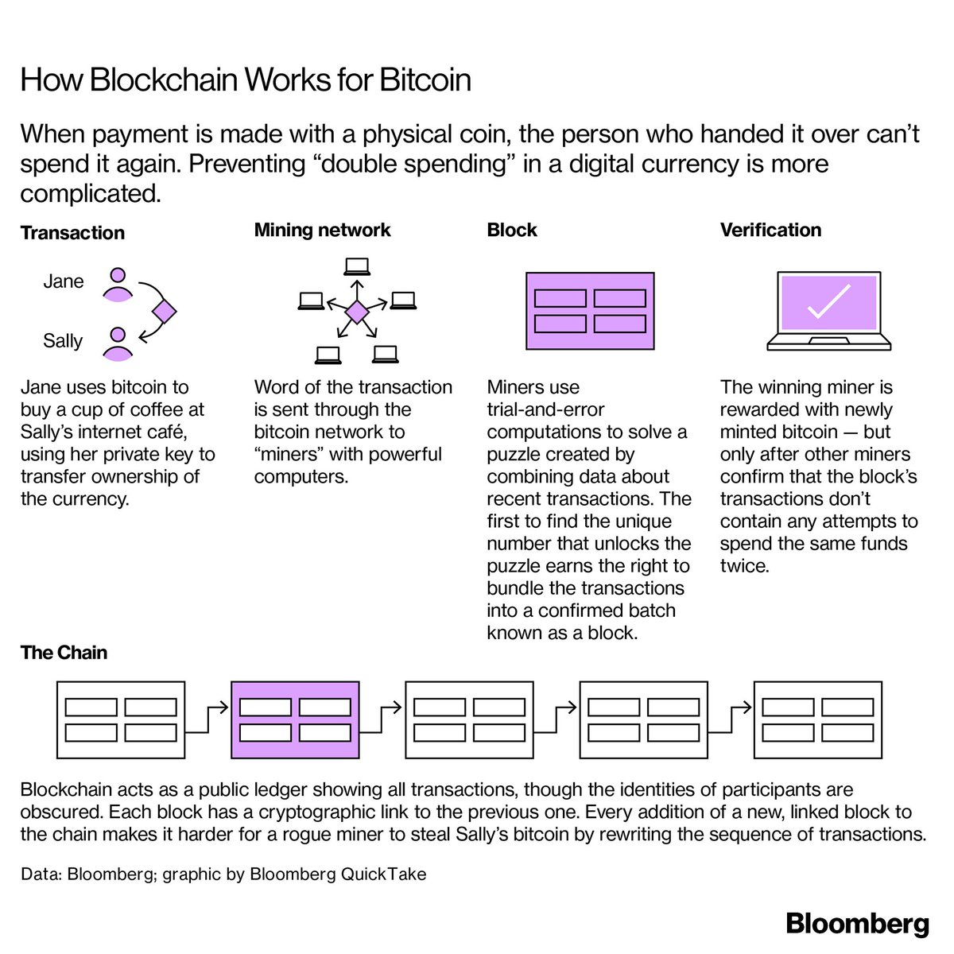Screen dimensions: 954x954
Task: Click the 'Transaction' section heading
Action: pos(72,233)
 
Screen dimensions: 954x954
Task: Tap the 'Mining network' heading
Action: pos(322,230)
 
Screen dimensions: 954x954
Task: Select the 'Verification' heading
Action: pos(770,230)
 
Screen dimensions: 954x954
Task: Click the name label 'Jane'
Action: pos(64,281)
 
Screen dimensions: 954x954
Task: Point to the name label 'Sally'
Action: pos(63,340)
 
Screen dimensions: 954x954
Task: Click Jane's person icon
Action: pos(118,285)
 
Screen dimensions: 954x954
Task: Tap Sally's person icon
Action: pos(118,344)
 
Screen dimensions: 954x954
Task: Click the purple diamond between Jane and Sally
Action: pos(165,312)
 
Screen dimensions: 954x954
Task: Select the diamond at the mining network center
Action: pos(357,312)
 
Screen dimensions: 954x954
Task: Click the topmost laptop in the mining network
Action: pos(357,267)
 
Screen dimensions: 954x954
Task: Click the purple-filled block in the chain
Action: pos(295,719)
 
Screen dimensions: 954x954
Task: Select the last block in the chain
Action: pos(818,719)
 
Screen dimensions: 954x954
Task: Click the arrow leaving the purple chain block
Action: pos(382,719)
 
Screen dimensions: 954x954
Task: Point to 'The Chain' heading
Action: pos(64,653)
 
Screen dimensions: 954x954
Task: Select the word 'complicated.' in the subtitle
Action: pos(91,193)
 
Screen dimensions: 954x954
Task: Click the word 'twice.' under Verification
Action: pos(745,565)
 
